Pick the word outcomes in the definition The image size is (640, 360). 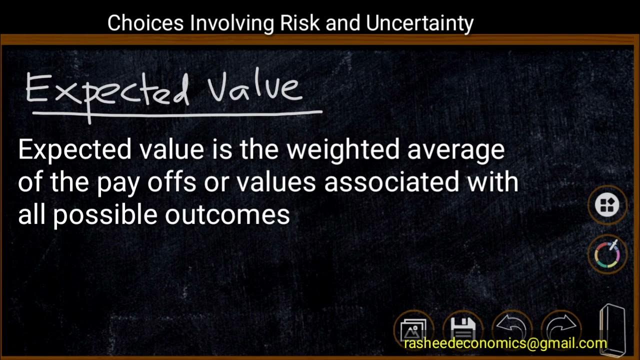click(227, 214)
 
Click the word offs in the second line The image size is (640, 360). click(171, 182)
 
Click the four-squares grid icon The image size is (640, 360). click(607, 204)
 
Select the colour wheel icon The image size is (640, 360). click(606, 253)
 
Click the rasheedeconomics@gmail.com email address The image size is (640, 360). click(505, 344)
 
